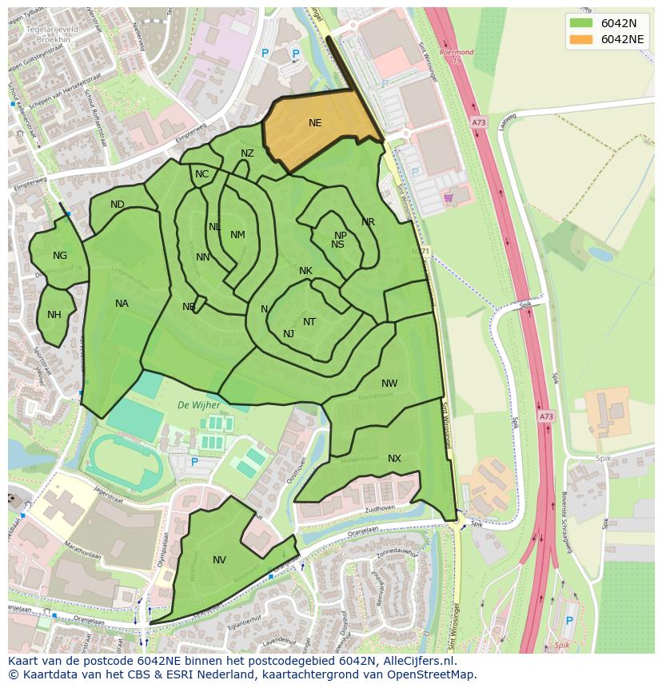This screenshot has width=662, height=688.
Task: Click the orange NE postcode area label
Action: click(315, 123)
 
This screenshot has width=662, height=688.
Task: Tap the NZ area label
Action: click(247, 153)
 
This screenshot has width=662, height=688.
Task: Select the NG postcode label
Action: click(60, 256)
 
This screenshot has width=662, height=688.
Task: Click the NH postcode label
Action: click(54, 315)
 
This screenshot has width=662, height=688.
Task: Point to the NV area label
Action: click(219, 560)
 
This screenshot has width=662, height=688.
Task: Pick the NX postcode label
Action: click(394, 459)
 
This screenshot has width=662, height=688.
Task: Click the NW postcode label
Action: click(389, 384)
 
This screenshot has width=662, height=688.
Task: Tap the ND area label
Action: click(118, 205)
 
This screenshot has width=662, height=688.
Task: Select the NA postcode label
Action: click(122, 304)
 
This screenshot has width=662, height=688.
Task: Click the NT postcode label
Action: click(309, 322)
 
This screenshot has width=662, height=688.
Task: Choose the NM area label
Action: click(237, 235)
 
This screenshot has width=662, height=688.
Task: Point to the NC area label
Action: click(201, 174)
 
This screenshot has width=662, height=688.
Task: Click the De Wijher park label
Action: click(198, 405)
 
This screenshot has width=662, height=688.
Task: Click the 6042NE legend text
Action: click(624, 39)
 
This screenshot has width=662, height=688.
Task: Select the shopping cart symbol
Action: click(448, 197)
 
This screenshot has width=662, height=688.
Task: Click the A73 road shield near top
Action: click(478, 122)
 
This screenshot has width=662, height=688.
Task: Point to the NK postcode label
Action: click(305, 271)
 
